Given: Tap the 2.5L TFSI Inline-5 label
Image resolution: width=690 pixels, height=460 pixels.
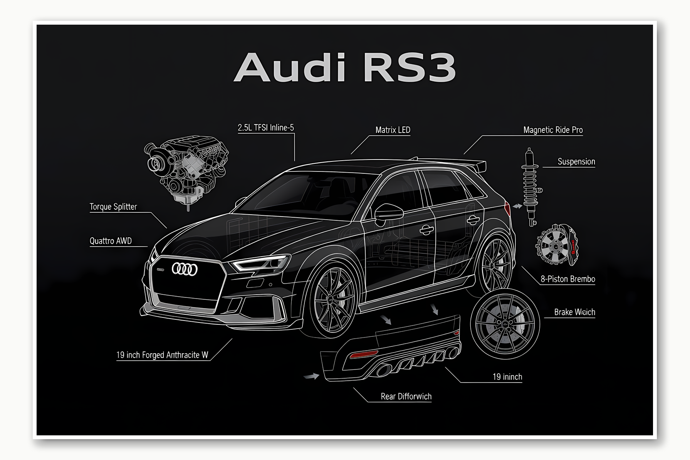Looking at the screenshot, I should (x=266, y=128).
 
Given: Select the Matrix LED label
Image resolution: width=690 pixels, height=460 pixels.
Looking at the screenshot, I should (x=393, y=130).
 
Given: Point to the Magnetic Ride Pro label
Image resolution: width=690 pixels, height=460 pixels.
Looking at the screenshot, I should (x=552, y=130).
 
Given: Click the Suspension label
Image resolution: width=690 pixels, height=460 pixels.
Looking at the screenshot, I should (x=576, y=162).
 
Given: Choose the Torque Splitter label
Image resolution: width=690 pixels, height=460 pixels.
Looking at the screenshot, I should (x=113, y=207).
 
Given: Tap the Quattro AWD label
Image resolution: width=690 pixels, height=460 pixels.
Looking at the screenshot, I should (x=111, y=241).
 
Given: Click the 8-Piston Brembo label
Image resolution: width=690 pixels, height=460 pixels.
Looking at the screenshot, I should (x=567, y=279).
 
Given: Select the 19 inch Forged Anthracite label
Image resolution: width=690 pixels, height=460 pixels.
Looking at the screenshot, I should (x=162, y=355).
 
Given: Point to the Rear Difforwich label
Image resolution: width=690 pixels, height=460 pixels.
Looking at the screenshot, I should (x=406, y=396).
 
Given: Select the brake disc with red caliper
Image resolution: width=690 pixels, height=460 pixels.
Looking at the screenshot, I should (x=556, y=244).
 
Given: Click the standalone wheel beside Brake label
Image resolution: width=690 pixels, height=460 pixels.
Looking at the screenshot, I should (x=504, y=324).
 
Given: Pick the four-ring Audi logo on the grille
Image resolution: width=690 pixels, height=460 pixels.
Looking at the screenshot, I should (x=185, y=269).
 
